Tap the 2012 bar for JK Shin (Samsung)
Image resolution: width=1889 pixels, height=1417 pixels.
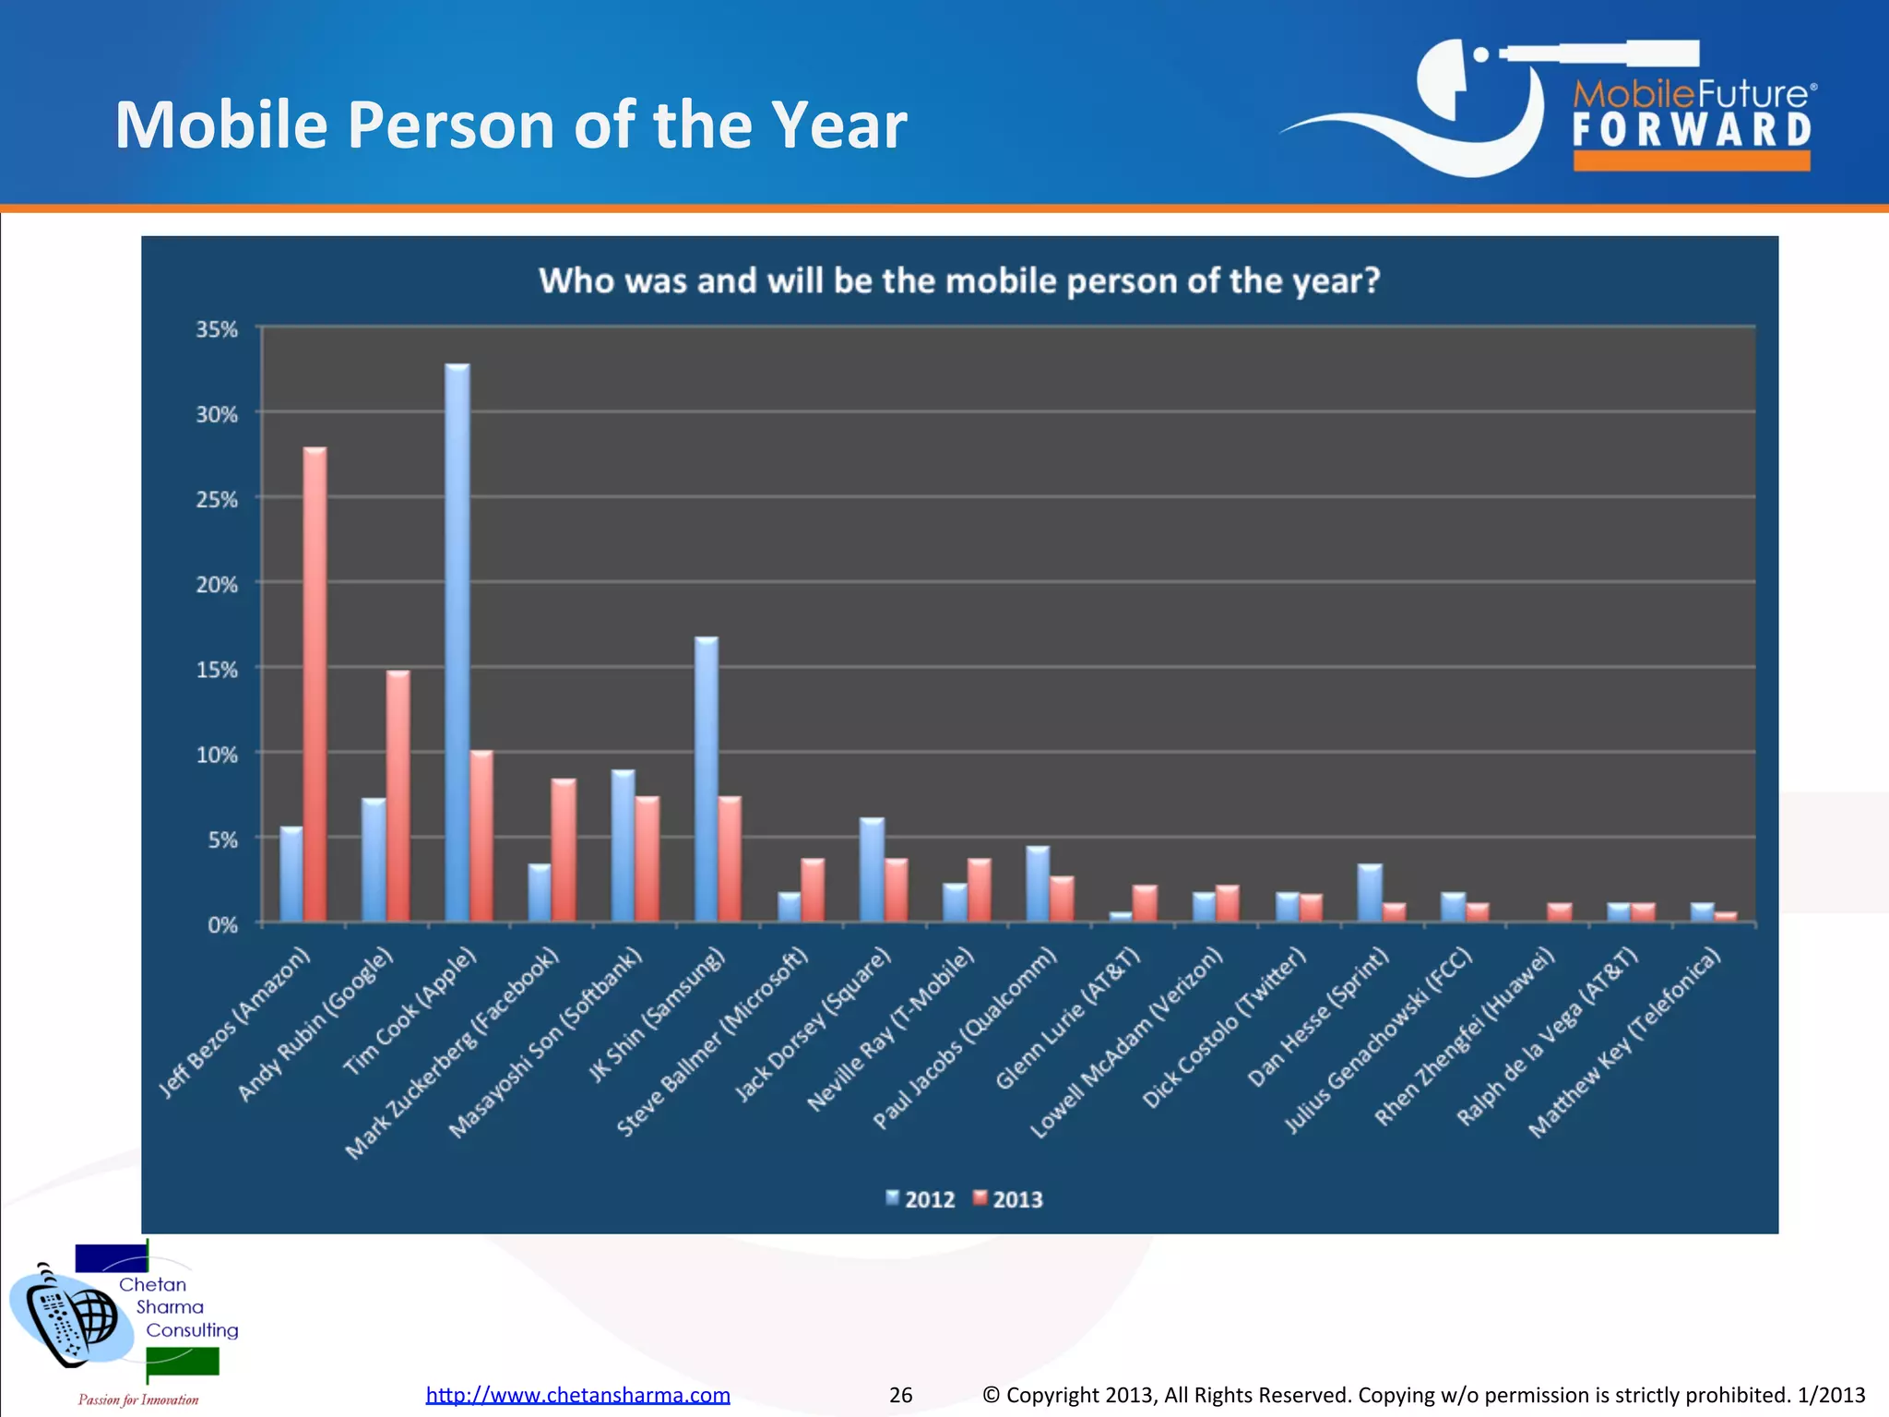[x=707, y=780]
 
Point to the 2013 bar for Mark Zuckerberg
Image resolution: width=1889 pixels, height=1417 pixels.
[x=564, y=850]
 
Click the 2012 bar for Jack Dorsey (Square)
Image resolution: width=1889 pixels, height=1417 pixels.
[x=872, y=870]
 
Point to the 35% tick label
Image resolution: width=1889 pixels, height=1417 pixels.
[x=217, y=329]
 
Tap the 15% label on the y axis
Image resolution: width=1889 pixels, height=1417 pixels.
[x=217, y=670]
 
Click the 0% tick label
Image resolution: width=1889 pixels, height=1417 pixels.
[x=221, y=924]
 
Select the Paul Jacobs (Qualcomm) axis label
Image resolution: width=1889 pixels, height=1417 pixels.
[x=965, y=1037]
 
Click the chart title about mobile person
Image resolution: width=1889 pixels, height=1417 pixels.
[x=959, y=280]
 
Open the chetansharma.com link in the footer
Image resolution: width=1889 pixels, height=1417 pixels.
[x=577, y=1395]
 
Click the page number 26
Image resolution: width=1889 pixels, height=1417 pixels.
[x=900, y=1395]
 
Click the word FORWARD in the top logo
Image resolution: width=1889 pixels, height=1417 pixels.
[x=1692, y=130]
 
